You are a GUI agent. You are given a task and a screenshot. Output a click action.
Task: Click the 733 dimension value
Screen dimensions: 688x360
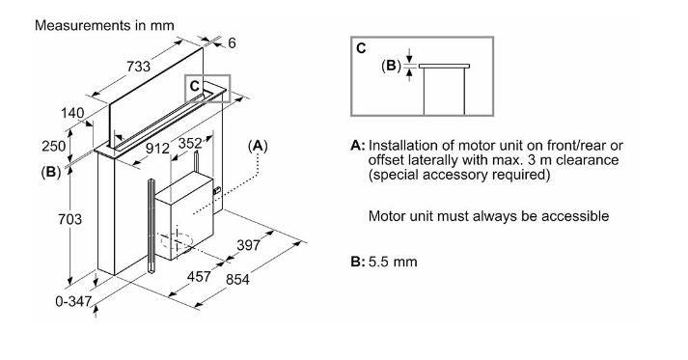[138, 67]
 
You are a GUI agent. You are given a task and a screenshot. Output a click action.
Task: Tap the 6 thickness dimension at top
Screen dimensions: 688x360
[232, 43]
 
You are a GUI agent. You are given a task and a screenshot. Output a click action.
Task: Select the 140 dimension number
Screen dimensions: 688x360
[72, 113]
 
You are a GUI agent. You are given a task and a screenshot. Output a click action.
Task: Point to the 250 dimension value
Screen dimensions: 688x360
[54, 146]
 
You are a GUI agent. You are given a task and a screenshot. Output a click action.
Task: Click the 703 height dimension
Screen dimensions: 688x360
[69, 219]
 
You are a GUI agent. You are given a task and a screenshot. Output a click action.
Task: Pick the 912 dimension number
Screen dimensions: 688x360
[157, 149]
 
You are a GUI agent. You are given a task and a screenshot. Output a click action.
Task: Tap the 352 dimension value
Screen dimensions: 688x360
[190, 143]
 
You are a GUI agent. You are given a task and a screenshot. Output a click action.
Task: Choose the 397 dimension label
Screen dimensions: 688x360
[248, 245]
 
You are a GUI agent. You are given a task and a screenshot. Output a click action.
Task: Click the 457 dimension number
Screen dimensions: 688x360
[199, 277]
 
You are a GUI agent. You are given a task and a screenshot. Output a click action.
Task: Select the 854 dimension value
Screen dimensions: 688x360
[237, 279]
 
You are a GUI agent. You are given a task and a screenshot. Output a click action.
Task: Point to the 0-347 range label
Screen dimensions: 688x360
[73, 302]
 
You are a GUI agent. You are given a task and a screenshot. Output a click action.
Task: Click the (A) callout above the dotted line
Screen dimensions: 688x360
[258, 146]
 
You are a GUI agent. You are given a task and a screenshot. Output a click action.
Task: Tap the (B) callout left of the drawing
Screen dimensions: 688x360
[51, 172]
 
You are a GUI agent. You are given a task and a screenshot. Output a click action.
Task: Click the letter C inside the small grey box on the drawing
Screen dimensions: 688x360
[195, 86]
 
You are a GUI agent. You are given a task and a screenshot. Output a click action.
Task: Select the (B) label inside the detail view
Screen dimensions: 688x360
[391, 66]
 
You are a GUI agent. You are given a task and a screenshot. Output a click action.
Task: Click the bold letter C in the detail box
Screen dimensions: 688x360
[361, 48]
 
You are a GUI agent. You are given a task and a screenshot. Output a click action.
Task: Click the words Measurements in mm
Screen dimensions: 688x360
[104, 25]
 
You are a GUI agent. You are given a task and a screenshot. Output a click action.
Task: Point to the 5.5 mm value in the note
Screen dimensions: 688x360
[393, 263]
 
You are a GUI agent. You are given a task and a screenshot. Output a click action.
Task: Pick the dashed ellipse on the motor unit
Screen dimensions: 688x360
[176, 243]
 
